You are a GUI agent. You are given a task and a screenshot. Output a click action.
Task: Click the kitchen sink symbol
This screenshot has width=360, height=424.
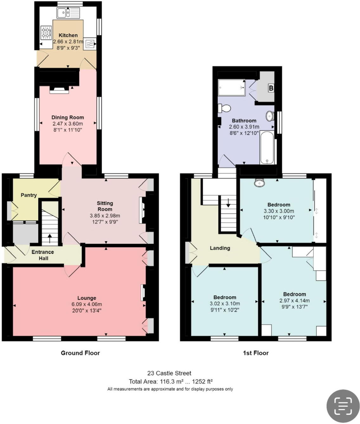(68, 13)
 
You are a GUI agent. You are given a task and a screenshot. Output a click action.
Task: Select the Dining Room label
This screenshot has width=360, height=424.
(67, 117)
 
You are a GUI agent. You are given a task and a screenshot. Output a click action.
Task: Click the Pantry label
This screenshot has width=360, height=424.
(29, 195)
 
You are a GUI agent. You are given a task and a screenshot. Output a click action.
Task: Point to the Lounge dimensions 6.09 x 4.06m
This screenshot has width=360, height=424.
(87, 304)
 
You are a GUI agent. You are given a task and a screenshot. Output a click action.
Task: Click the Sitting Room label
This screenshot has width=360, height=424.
(105, 206)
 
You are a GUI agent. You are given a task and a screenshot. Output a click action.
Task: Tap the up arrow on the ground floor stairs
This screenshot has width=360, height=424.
(49, 238)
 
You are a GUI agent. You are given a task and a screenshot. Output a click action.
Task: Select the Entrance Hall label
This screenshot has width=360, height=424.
(43, 255)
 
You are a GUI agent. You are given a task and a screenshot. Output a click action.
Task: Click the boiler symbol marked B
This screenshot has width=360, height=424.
(271, 88)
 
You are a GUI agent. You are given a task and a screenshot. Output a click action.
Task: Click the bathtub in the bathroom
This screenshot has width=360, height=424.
(267, 148)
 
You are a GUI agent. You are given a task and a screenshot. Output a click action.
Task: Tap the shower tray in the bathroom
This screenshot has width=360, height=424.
(231, 87)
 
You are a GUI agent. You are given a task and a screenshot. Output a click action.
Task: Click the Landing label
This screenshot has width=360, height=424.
(220, 248)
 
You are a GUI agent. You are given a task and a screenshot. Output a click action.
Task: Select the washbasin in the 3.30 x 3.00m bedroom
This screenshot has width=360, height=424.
(259, 183)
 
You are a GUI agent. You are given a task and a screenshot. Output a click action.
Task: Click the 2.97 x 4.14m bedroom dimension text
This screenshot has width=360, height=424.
(294, 301)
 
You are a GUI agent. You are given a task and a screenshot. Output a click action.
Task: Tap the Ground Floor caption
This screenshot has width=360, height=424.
(80, 353)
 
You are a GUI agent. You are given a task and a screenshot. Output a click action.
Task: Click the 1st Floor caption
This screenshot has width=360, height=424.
(255, 353)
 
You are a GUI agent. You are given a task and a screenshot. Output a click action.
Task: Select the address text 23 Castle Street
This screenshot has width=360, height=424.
(169, 373)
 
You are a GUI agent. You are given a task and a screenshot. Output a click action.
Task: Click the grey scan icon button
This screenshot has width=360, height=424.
(343, 406)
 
